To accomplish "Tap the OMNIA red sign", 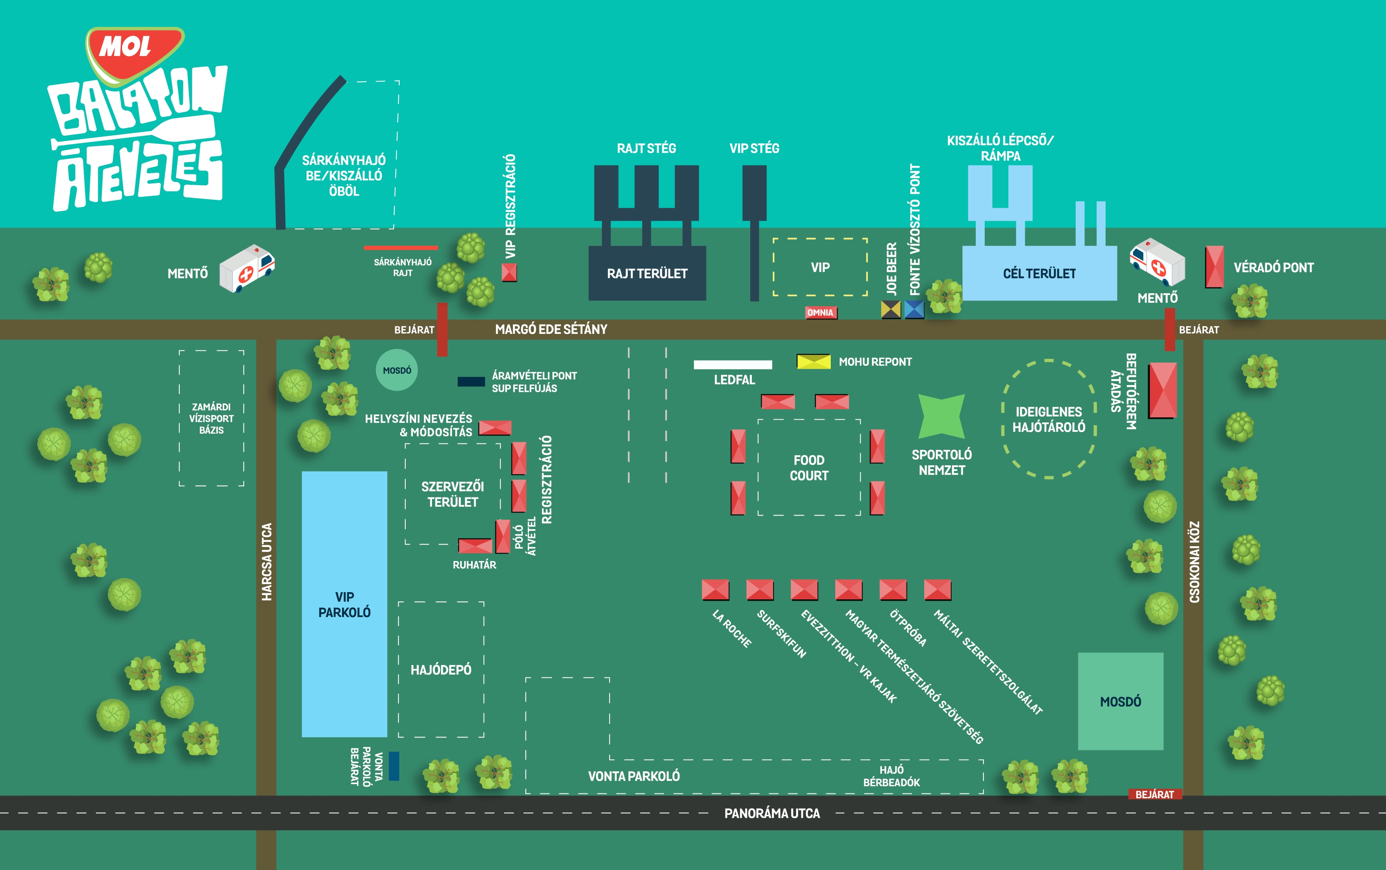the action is [821, 313].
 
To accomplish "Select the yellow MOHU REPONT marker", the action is [813, 361].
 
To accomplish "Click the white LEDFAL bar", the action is [733, 364].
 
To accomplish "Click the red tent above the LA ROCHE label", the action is [716, 590].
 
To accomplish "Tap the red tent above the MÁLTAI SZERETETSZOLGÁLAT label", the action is [938, 590].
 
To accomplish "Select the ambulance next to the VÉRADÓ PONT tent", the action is [1157, 262].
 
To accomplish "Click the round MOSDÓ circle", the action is [397, 370].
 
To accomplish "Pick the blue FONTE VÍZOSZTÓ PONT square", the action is [914, 310].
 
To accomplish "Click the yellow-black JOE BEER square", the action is [891, 310].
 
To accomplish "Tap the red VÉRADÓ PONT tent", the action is [1214, 267].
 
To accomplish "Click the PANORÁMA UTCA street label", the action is [772, 813].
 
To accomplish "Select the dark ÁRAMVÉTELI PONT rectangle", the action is [471, 381].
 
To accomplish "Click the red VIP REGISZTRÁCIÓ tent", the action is [509, 272].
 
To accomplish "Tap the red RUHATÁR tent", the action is [475, 545].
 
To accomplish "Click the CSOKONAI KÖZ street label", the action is [1194, 562].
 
